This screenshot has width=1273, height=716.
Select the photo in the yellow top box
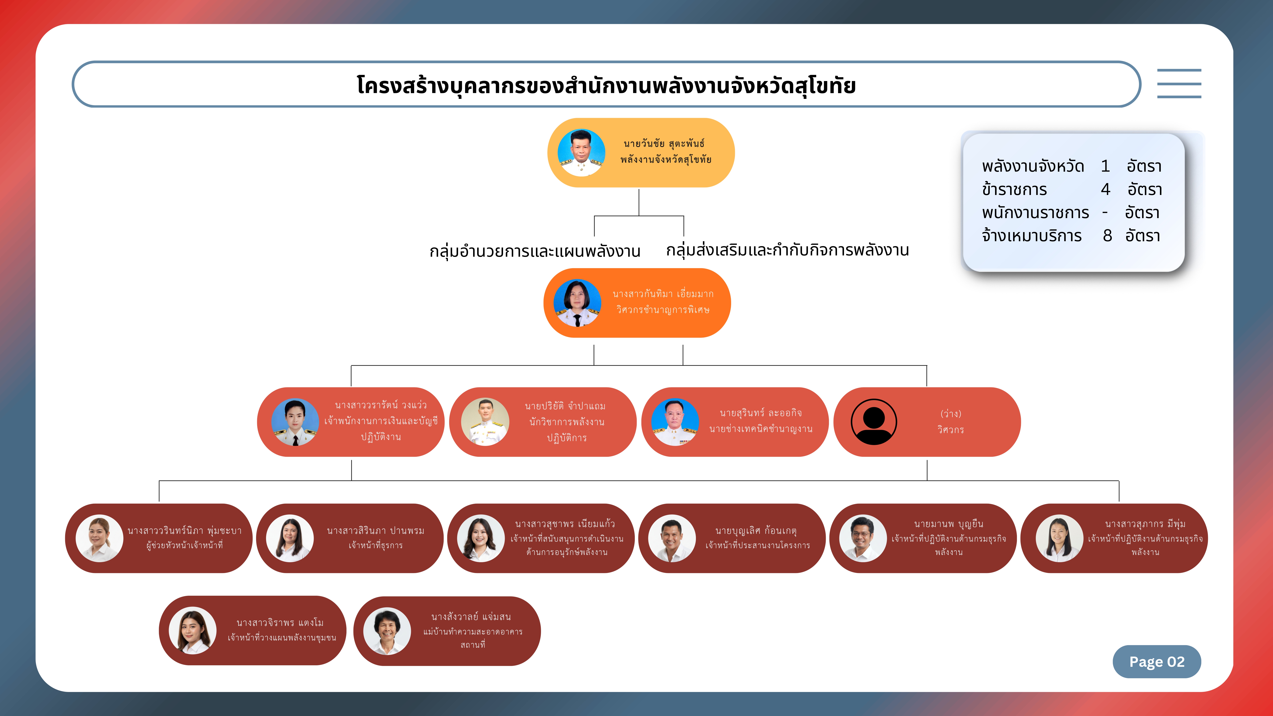[x=581, y=153]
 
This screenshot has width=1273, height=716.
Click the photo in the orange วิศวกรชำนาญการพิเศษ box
[x=577, y=303]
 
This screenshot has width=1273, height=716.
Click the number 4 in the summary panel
[x=1105, y=189]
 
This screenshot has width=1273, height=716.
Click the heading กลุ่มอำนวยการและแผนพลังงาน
[x=535, y=251]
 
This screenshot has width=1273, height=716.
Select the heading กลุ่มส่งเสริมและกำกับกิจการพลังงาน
[x=787, y=250]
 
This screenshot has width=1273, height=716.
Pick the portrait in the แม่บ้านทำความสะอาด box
[x=387, y=631]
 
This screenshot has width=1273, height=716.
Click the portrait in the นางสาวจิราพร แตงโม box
[x=193, y=631]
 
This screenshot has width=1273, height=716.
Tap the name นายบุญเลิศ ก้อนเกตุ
[x=756, y=531]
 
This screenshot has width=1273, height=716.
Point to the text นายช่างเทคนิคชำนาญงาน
[x=761, y=429]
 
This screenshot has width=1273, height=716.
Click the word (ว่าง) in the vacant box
[x=950, y=414]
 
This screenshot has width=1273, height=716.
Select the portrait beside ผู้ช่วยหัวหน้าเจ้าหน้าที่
[x=99, y=538]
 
